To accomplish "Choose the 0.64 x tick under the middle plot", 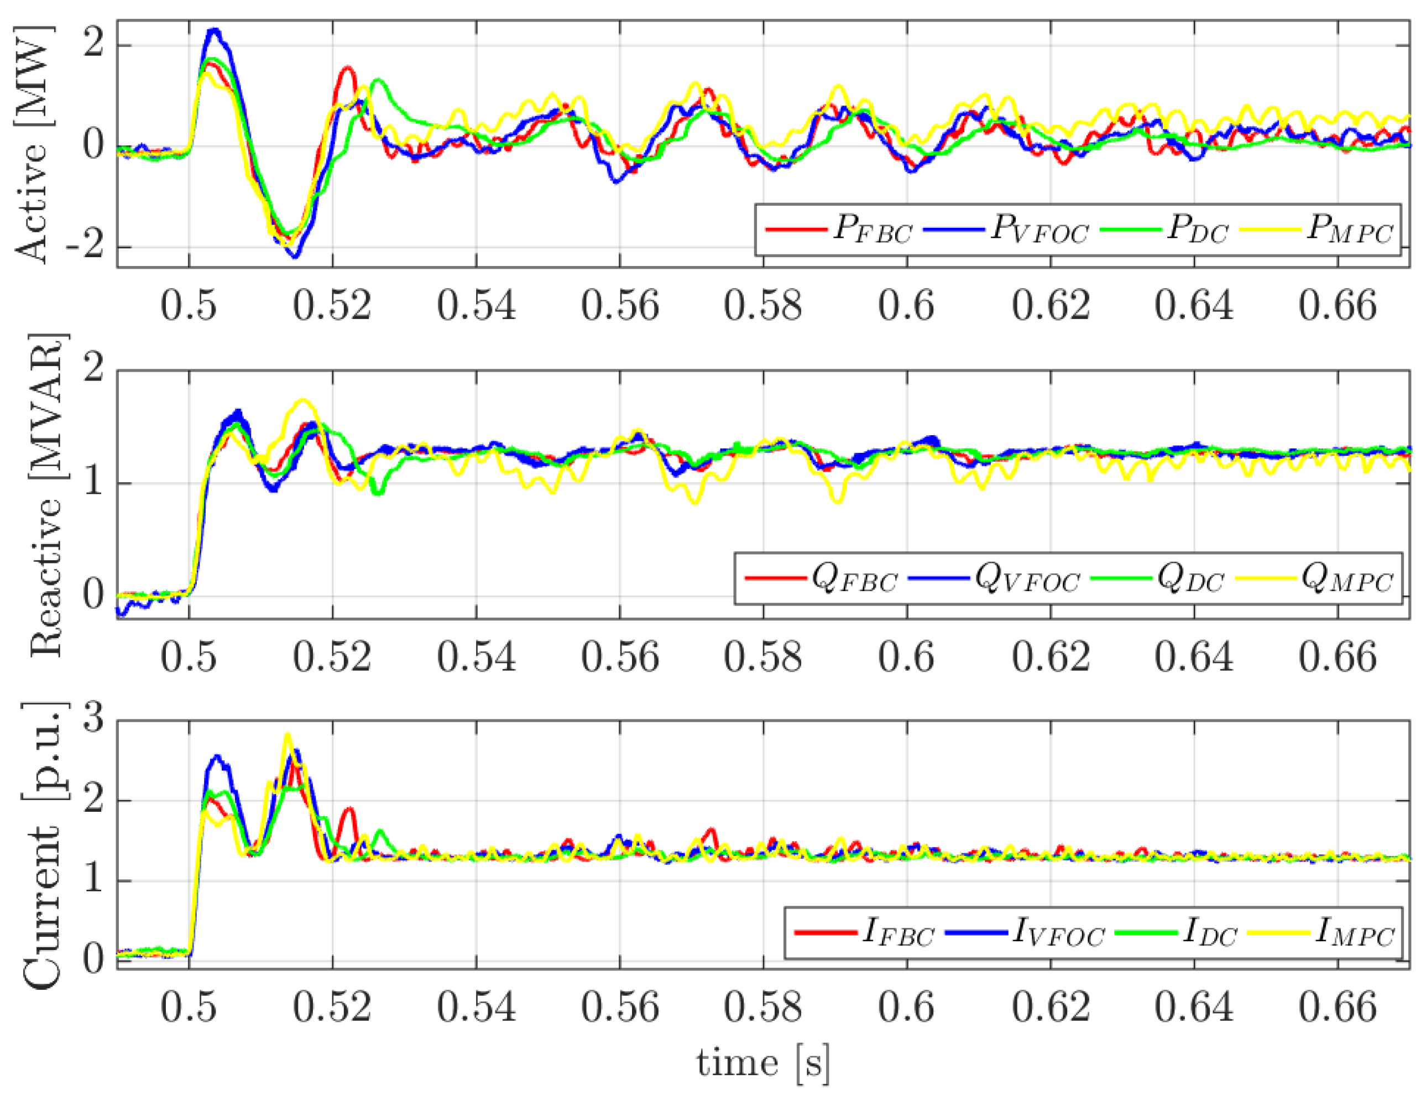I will (x=1193, y=656).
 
